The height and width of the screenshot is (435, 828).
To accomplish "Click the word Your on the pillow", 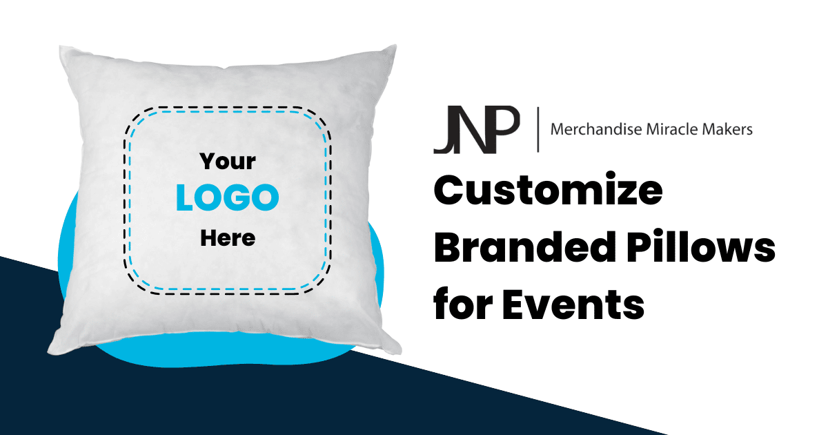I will (228, 162).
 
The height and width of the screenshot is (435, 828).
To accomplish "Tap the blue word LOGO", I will (227, 198).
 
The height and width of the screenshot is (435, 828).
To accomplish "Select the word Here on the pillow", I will (228, 238).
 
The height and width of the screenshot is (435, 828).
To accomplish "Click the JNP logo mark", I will (475, 130).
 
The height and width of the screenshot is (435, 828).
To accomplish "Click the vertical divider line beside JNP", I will (538, 129).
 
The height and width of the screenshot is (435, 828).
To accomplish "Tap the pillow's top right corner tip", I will (395, 47).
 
